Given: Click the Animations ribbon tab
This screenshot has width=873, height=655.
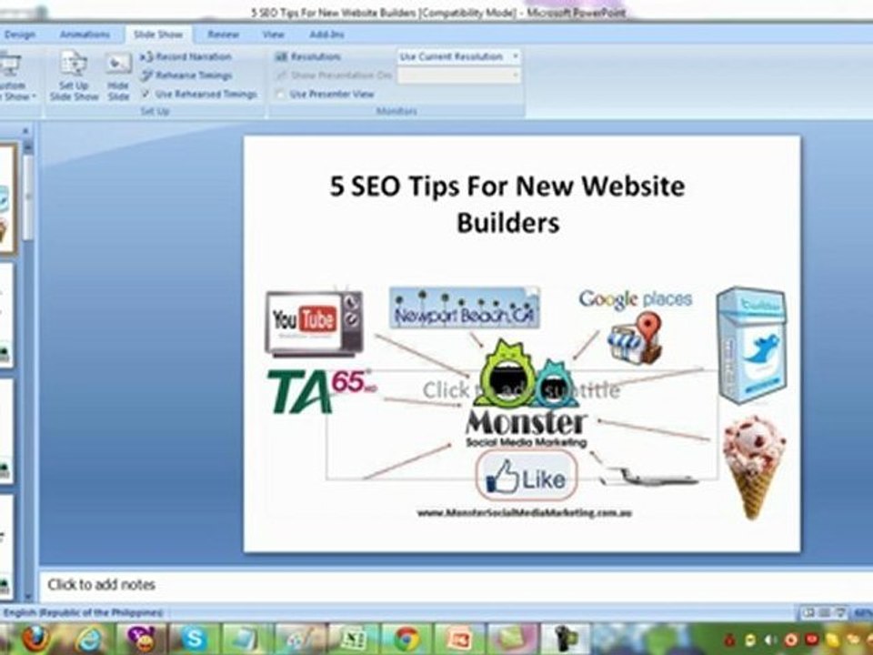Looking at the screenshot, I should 84,35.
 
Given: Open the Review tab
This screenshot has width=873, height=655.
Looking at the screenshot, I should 223,35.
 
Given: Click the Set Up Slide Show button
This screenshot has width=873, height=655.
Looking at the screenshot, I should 74,76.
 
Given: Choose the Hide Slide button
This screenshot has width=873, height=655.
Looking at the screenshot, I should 118,76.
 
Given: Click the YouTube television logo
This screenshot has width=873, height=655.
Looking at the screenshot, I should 314,322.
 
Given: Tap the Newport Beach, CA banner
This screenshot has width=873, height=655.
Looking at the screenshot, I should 464,308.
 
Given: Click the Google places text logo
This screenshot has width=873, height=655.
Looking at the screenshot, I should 636,299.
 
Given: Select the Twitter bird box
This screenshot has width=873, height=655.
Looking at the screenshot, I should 751,344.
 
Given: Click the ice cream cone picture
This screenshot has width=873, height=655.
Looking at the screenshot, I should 754,464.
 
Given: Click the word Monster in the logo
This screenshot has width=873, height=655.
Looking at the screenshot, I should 527,424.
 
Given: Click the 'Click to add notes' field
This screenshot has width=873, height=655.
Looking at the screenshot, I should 102,585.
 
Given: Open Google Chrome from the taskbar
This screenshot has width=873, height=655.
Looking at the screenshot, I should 406,637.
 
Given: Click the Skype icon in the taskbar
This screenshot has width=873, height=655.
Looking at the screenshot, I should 195,637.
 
